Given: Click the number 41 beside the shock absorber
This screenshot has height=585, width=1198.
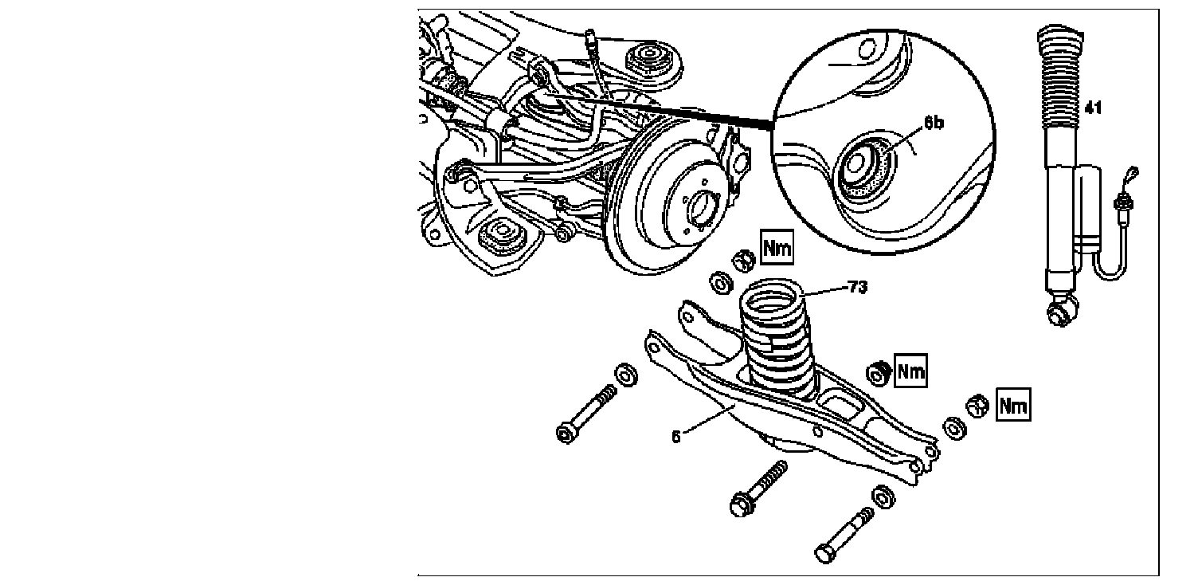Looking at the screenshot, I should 1093,107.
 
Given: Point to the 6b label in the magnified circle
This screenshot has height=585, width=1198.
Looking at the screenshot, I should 934,125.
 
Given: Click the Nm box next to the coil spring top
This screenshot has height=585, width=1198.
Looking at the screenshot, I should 777,249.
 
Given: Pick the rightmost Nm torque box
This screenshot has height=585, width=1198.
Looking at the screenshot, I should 1013,406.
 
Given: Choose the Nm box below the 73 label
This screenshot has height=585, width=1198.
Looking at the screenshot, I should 910,371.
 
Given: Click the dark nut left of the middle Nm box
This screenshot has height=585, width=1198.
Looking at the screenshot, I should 878,371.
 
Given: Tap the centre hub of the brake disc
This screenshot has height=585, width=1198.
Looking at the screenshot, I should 702,210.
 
